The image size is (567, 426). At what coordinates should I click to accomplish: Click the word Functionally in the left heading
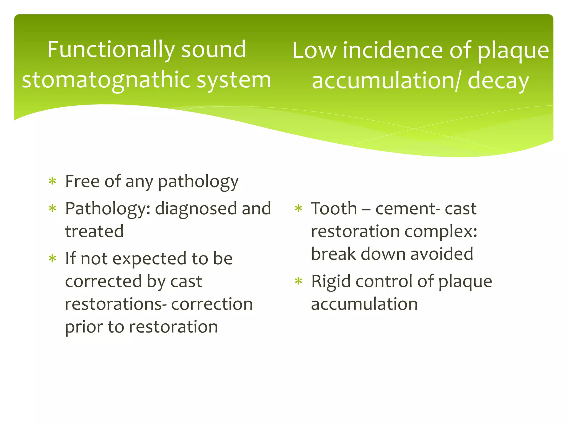[x=111, y=50]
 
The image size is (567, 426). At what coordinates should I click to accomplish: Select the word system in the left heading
[x=234, y=80]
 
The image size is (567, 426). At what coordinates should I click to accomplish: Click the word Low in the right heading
[x=314, y=51]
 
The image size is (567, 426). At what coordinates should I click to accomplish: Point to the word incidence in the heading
[x=393, y=51]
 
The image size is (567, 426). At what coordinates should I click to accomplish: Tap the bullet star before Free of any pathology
[x=52, y=182]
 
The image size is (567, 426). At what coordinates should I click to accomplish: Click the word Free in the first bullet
[x=82, y=182]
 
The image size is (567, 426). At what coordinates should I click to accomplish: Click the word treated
[x=94, y=232]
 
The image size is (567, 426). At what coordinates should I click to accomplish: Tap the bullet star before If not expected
[x=52, y=259]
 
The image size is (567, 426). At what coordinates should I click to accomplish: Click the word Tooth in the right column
[x=334, y=209]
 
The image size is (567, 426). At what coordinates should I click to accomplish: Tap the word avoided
[x=442, y=254]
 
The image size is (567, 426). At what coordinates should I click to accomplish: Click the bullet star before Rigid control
[x=298, y=282]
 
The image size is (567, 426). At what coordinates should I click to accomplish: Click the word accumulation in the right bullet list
[x=364, y=304]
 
